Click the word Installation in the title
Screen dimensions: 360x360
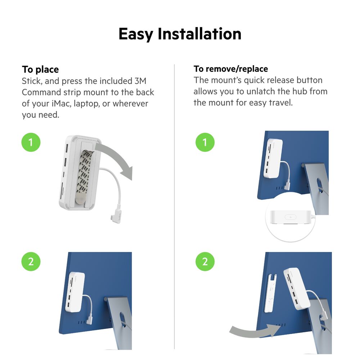pos(199,34)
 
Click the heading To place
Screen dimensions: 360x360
pos(40,69)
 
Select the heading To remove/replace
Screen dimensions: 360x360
pos(231,69)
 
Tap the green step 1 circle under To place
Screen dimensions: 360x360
pos(31,142)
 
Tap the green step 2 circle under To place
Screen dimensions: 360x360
pos(31,261)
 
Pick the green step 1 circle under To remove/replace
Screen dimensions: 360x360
pos(205,142)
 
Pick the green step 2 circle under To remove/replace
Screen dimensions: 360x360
pos(205,261)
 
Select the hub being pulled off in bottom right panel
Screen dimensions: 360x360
pos(297,288)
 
